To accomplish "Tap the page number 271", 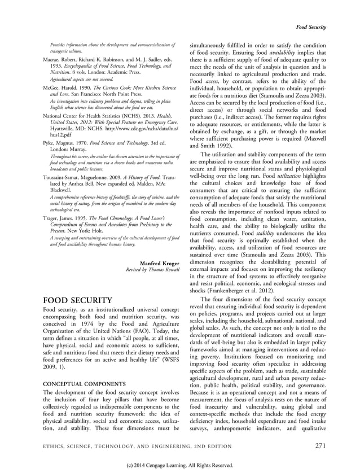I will (x=320, y=445).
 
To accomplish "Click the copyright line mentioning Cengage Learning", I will (x=179, y=465).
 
